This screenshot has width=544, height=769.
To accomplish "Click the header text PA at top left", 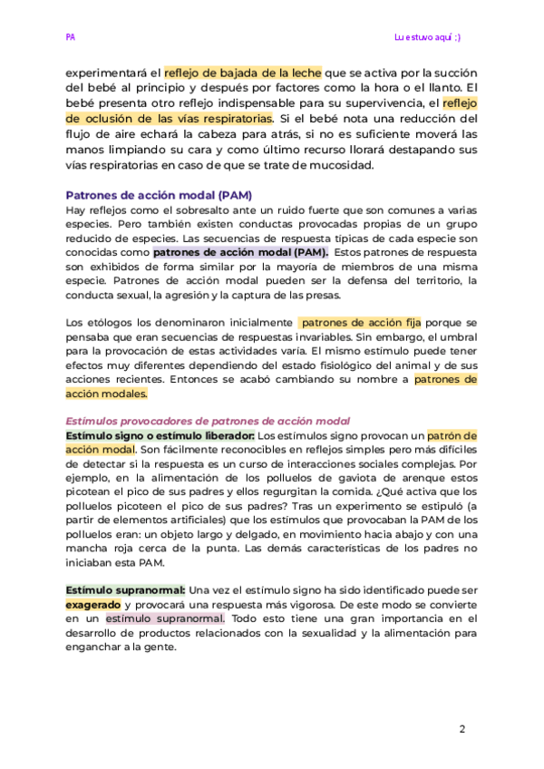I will click(x=70, y=37).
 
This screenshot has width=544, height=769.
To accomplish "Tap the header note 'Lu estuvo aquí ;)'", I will click(x=433, y=37).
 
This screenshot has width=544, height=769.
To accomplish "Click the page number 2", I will click(x=461, y=729).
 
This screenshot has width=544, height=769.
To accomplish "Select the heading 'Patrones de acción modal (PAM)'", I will click(x=159, y=195).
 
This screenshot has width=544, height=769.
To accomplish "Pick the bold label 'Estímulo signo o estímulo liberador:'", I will click(x=160, y=435).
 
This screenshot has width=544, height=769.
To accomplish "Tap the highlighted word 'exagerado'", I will click(x=93, y=604).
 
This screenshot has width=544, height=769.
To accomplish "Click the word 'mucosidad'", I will click(x=340, y=164).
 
